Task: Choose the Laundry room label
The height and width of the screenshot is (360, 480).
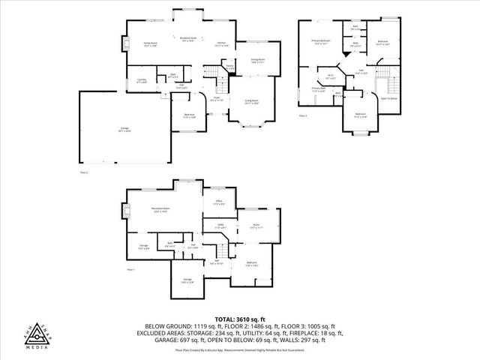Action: [142, 80]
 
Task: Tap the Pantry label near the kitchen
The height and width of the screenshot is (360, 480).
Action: [230, 67]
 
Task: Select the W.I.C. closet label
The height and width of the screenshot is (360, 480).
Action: [330, 76]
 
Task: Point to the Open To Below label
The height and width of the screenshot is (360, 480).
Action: [388, 98]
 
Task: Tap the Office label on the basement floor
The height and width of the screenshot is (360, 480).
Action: [219, 202]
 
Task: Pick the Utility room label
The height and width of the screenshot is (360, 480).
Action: [221, 226]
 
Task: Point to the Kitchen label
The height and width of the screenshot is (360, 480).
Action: [222, 44]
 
